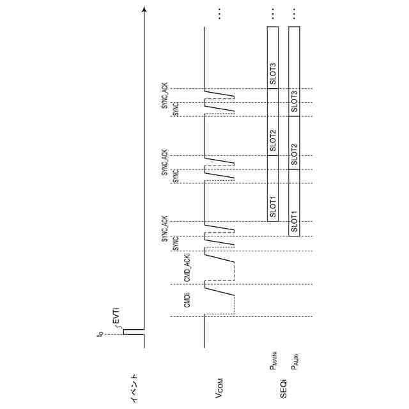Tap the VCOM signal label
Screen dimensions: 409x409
pos(219,385)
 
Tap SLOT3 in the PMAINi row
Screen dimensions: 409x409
pos(273,74)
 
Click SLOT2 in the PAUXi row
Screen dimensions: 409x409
pos(295,154)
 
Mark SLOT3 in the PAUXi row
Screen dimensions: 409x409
pos(295,101)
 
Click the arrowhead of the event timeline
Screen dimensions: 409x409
pos(144,11)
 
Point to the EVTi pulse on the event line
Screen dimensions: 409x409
pos(125,332)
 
